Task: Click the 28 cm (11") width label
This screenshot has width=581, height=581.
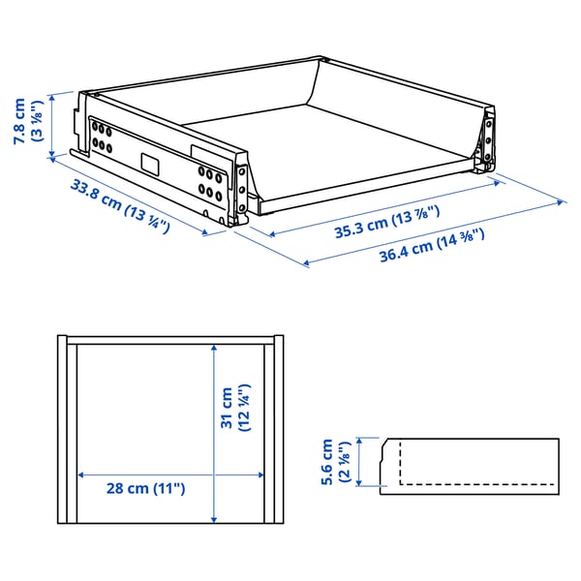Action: [145, 489]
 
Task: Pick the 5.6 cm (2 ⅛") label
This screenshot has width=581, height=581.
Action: [335, 462]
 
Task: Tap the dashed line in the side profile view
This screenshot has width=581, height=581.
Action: [474, 482]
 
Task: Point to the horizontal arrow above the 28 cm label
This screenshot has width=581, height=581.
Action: [170, 474]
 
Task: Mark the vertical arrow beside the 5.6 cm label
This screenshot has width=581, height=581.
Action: [360, 462]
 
